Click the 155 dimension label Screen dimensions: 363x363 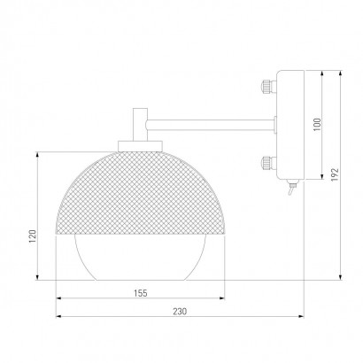pos(141,293)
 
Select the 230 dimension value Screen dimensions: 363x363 pos(180,312)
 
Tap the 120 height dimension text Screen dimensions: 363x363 pos(32,236)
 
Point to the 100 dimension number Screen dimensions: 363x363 pos(317,125)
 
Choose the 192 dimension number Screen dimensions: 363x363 pos(335,174)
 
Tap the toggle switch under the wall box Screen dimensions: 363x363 pos(292,188)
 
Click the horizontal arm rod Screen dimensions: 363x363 pos(211,125)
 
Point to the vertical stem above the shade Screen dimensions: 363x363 pos(140,125)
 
